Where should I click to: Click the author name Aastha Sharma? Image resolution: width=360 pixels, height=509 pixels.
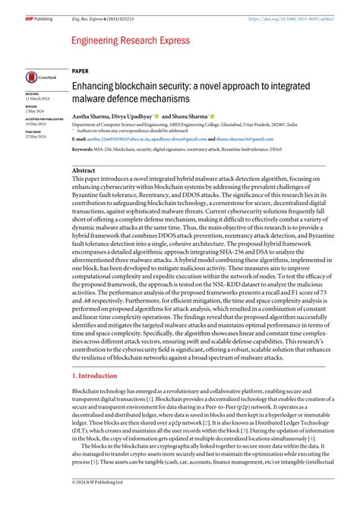click(x=93, y=116)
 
